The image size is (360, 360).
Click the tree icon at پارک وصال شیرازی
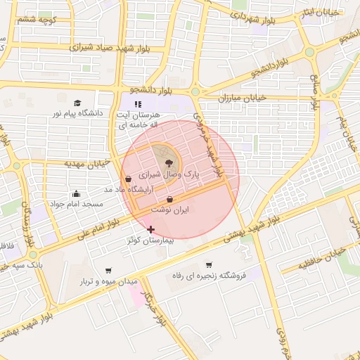168,162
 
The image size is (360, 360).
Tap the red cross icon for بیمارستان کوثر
150,229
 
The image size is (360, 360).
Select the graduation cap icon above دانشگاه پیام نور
77,103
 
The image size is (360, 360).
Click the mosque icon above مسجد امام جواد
76,193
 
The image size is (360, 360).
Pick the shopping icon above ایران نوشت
171,200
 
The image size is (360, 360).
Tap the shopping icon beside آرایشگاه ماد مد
127,179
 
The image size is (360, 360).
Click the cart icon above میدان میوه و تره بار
108,271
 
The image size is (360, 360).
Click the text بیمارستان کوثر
150,240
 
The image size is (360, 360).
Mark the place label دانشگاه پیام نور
77,112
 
